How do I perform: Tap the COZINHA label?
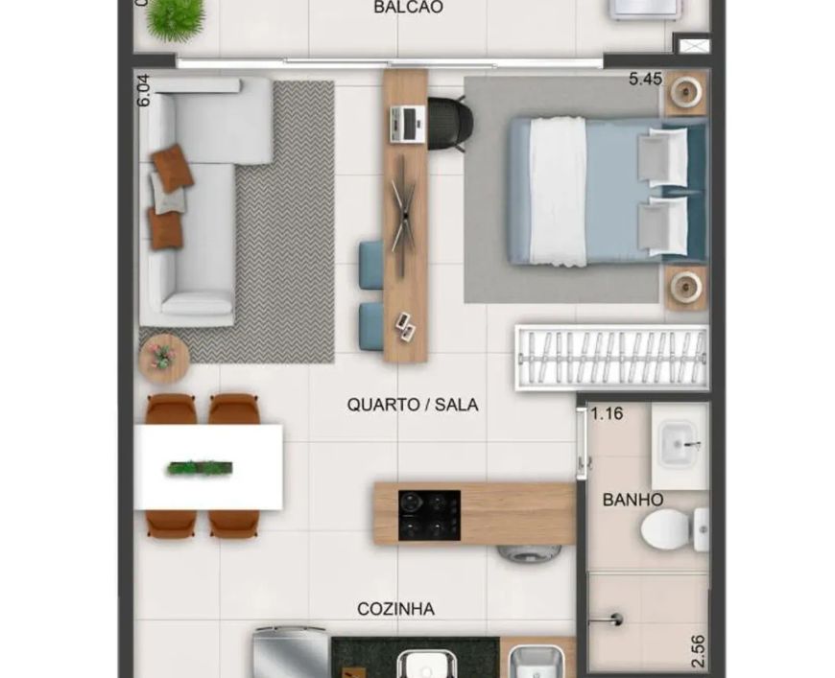(x=395, y=609)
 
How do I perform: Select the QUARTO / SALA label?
(x=412, y=405)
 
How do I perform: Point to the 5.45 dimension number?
(x=645, y=79)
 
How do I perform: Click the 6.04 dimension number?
(x=144, y=90)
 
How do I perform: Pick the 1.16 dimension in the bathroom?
(x=607, y=413)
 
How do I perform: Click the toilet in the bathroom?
(x=674, y=530)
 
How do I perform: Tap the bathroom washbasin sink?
(x=679, y=443)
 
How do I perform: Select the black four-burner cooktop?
(x=429, y=515)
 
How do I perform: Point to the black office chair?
(x=449, y=124)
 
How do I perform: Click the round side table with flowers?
(x=164, y=358)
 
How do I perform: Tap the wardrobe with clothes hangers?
(x=612, y=357)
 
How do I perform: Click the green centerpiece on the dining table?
(x=200, y=468)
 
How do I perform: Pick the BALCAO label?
(x=409, y=8)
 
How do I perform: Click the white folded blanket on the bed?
(x=558, y=192)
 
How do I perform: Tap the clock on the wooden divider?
(x=404, y=217)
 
